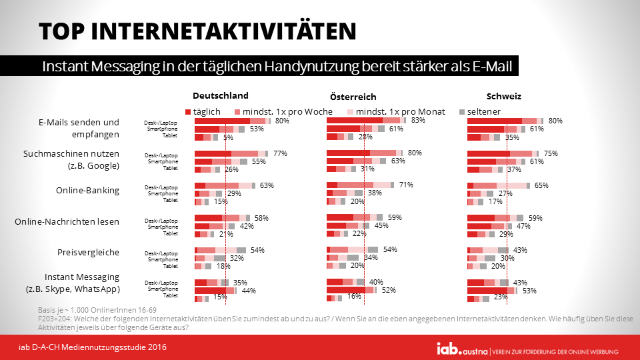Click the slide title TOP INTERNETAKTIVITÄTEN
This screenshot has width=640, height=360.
(197, 31)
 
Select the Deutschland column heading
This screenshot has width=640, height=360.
(221, 95)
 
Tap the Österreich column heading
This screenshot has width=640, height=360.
(353, 97)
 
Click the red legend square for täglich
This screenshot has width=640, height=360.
(188, 111)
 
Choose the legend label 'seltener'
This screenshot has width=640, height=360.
(483, 111)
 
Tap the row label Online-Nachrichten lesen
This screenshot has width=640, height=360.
(67, 221)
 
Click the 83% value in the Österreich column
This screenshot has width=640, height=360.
(419, 121)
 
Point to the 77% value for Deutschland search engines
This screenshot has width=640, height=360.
(280, 153)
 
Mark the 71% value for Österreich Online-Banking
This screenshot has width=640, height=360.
(406, 185)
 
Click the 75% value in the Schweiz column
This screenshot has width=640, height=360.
(551, 153)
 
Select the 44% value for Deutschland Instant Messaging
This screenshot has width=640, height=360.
(249, 291)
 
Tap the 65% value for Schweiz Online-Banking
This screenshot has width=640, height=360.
(541, 185)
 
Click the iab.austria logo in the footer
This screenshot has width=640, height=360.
(461, 349)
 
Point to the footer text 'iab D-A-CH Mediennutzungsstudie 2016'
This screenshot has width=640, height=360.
(93, 347)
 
